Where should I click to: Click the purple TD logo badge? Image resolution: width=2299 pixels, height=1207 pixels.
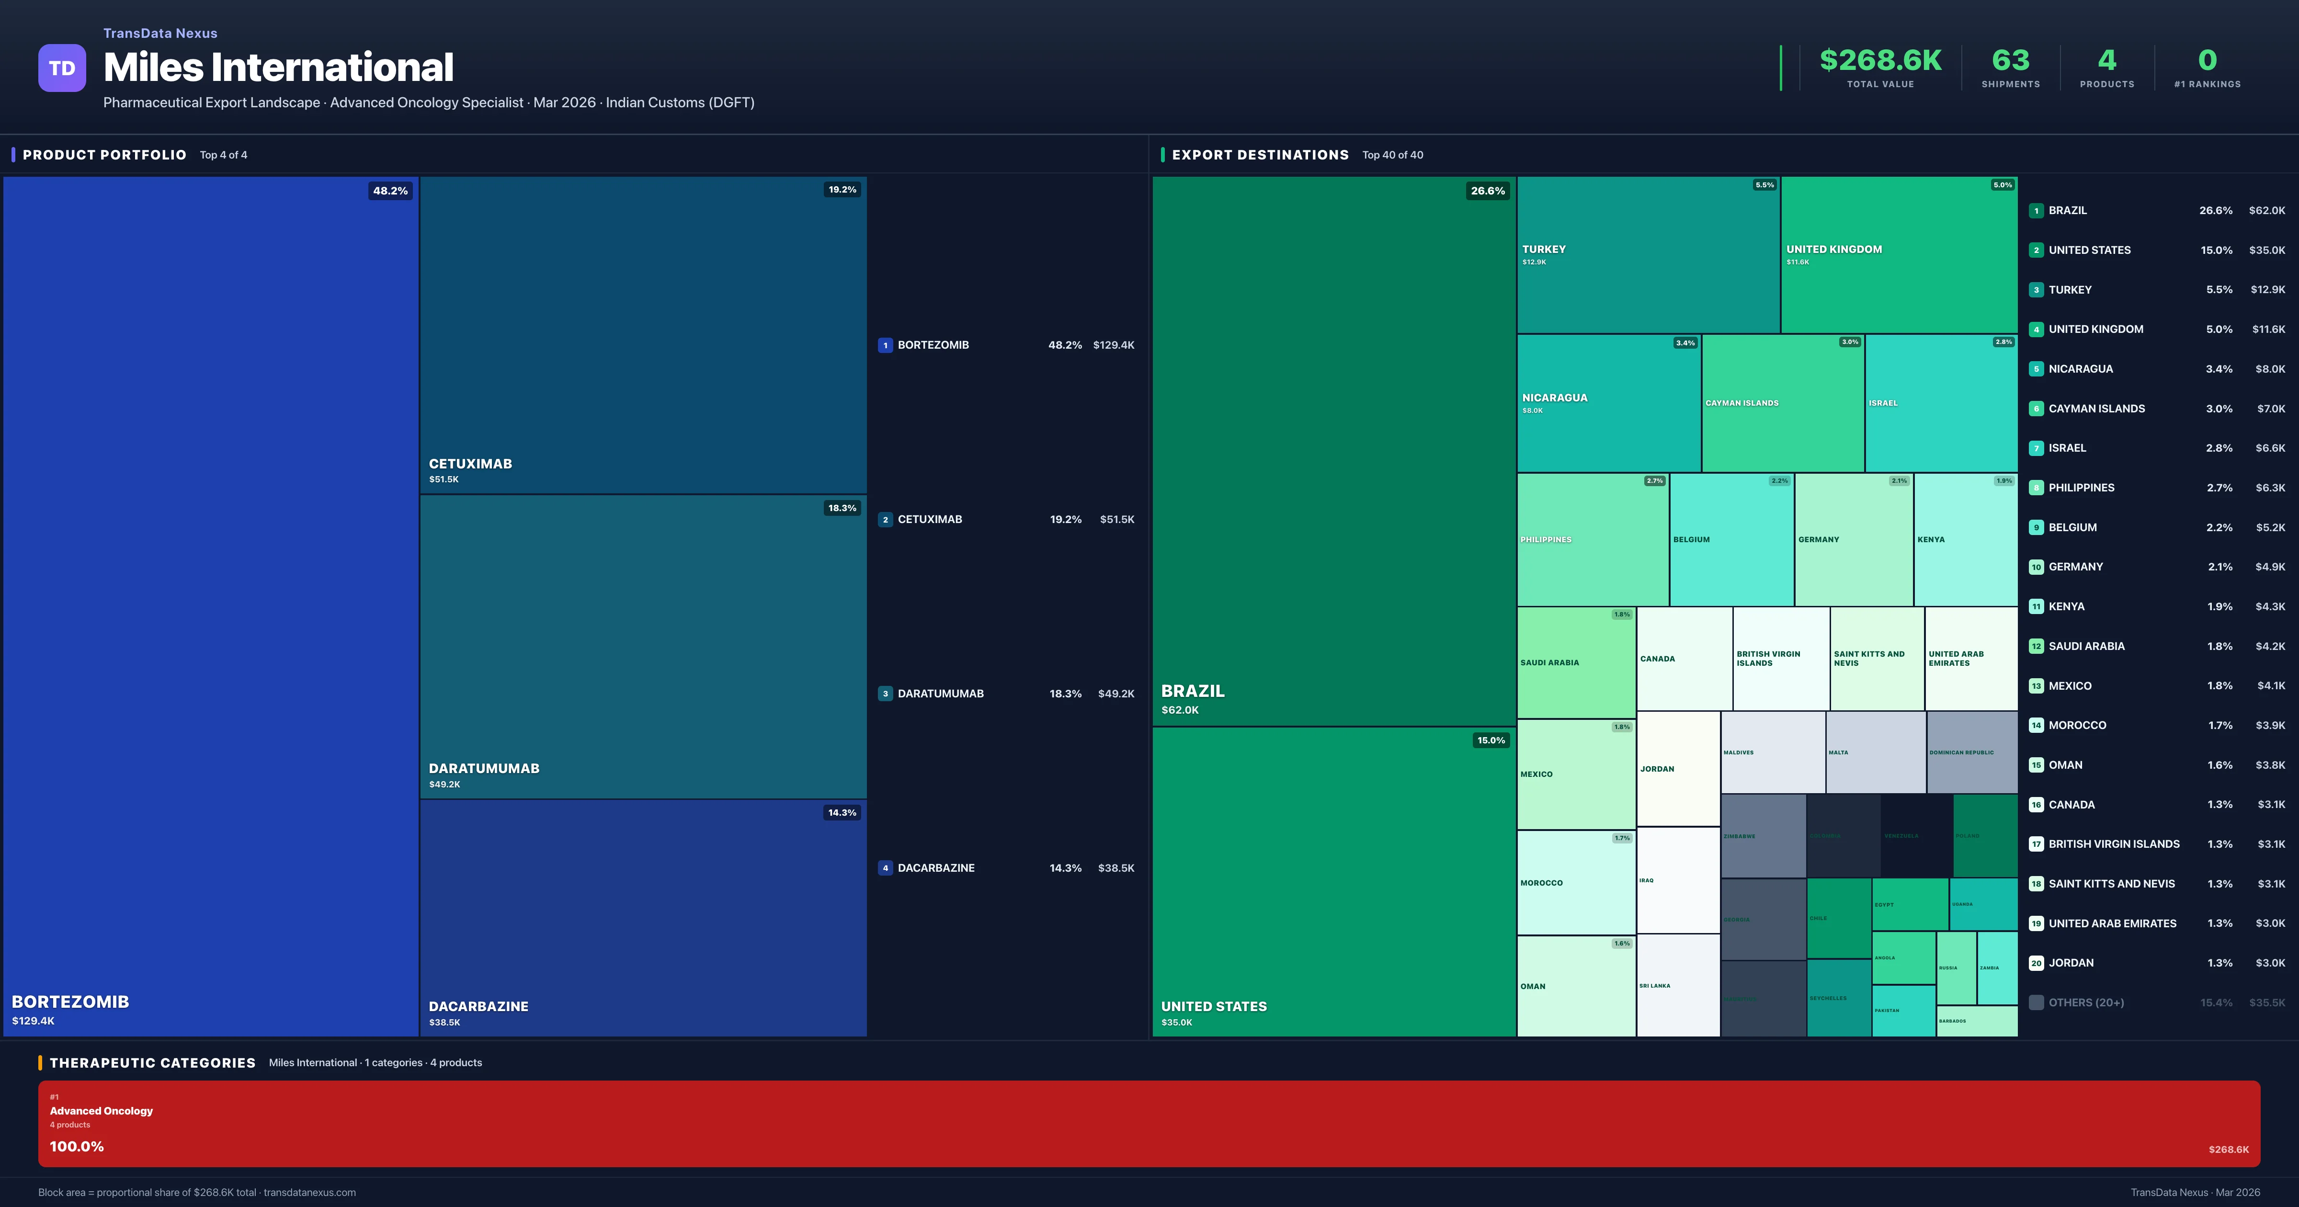[62, 68]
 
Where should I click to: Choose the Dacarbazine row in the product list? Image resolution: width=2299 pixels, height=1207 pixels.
[1006, 868]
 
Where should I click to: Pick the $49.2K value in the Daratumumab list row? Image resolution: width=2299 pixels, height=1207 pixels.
[1115, 694]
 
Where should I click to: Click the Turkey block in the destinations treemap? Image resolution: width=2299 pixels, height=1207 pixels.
[1648, 254]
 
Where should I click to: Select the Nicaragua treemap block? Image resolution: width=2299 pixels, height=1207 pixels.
[1608, 403]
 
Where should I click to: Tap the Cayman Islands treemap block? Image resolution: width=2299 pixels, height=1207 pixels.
[1782, 403]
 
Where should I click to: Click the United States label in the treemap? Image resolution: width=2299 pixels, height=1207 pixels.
[1214, 1006]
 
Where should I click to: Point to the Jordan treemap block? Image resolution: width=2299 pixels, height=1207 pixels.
[1678, 769]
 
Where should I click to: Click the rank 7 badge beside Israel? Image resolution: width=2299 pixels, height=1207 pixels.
[2036, 448]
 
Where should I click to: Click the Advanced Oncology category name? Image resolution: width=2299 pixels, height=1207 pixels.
[102, 1111]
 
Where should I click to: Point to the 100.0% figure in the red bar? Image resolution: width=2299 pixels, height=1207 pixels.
[77, 1146]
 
